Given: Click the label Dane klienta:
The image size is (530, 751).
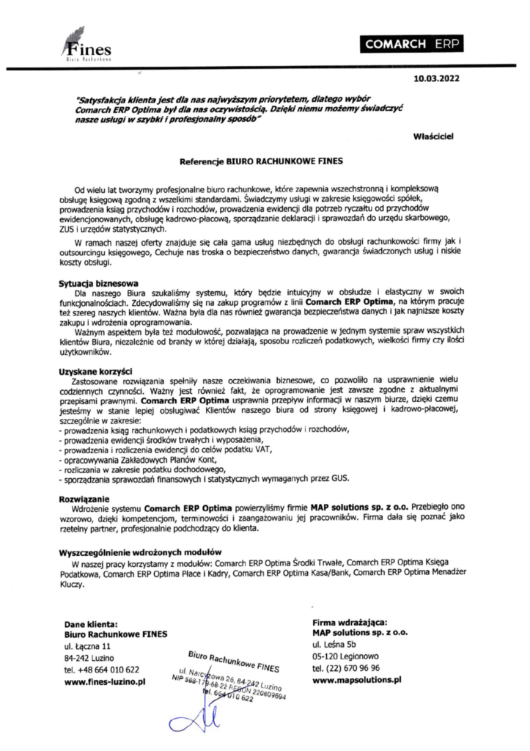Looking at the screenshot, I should coord(91,623).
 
